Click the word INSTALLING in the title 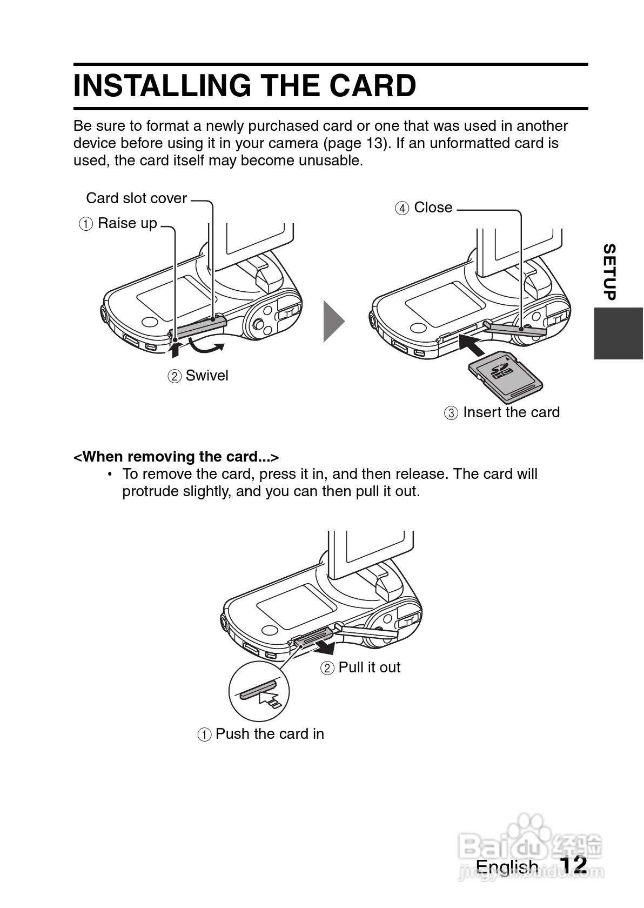tap(163, 86)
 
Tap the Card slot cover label tap(136, 198)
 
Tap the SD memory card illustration tap(505, 375)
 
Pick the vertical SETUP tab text tap(609, 272)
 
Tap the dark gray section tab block tap(619, 333)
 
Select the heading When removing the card tap(176, 457)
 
